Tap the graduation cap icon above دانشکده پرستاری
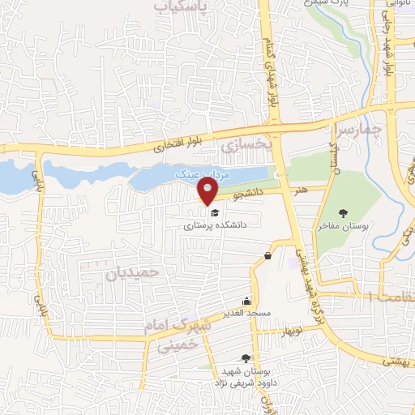(214, 212)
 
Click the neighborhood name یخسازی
(243, 146)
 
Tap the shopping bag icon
(267, 257)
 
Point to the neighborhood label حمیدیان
(129, 273)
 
